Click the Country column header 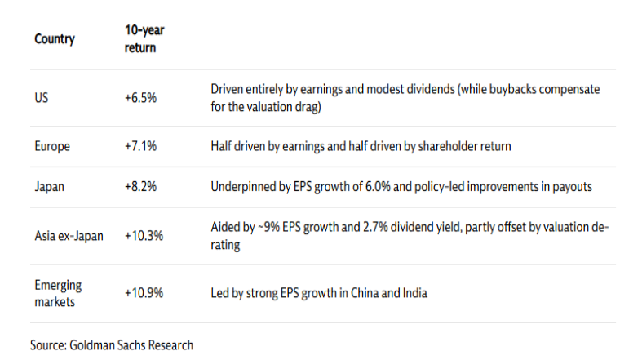[x=55, y=38]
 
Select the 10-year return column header [x=140, y=38]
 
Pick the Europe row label [x=52, y=147]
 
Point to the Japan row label [x=49, y=187]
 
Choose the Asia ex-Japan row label [x=68, y=236]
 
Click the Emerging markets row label [x=59, y=294]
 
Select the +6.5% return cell [x=140, y=97]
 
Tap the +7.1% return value [x=140, y=147]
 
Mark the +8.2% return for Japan [x=140, y=187]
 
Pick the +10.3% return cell [x=144, y=236]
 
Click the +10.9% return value [x=144, y=294]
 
